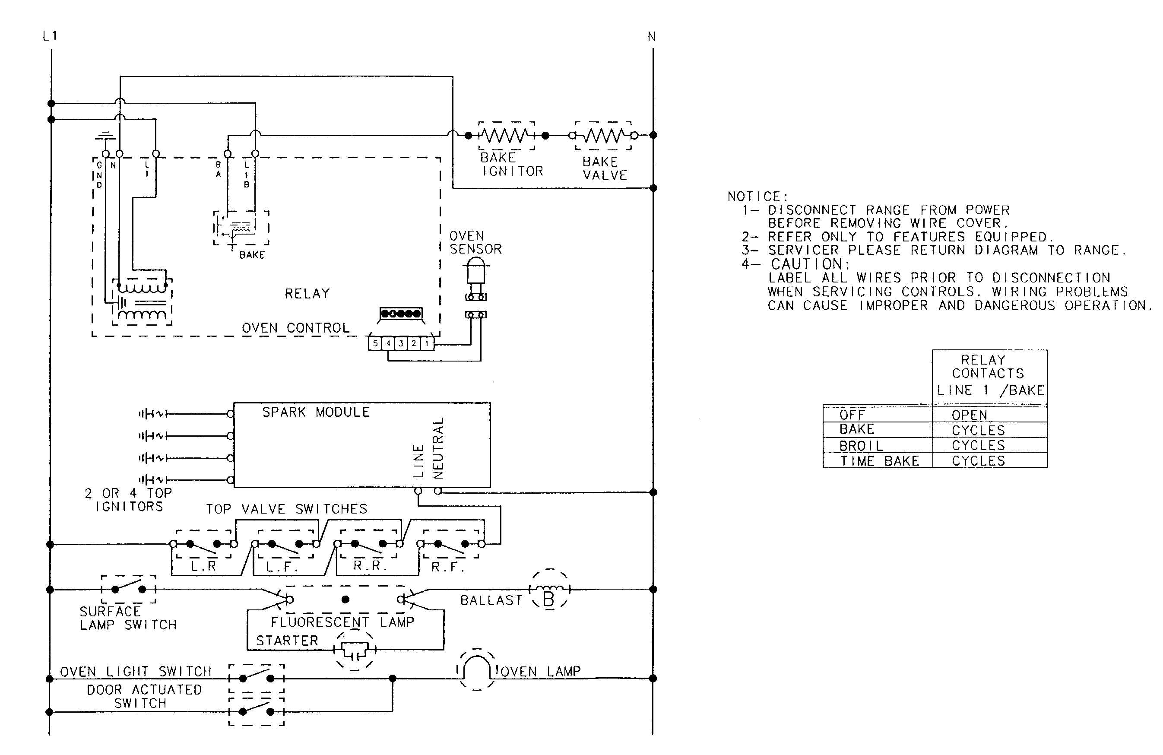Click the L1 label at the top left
(50, 36)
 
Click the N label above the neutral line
(651, 37)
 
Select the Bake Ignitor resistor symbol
(506, 135)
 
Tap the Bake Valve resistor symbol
(603, 135)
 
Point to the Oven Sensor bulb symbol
(475, 271)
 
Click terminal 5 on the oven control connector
(375, 343)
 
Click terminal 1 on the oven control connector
(427, 343)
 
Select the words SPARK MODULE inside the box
(316, 412)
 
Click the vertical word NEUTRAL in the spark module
(438, 447)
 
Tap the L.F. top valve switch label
(282, 567)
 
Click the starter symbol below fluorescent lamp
(355, 650)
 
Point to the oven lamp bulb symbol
(476, 669)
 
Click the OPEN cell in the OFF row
(969, 415)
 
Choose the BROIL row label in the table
(861, 446)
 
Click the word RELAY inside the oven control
(307, 294)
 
